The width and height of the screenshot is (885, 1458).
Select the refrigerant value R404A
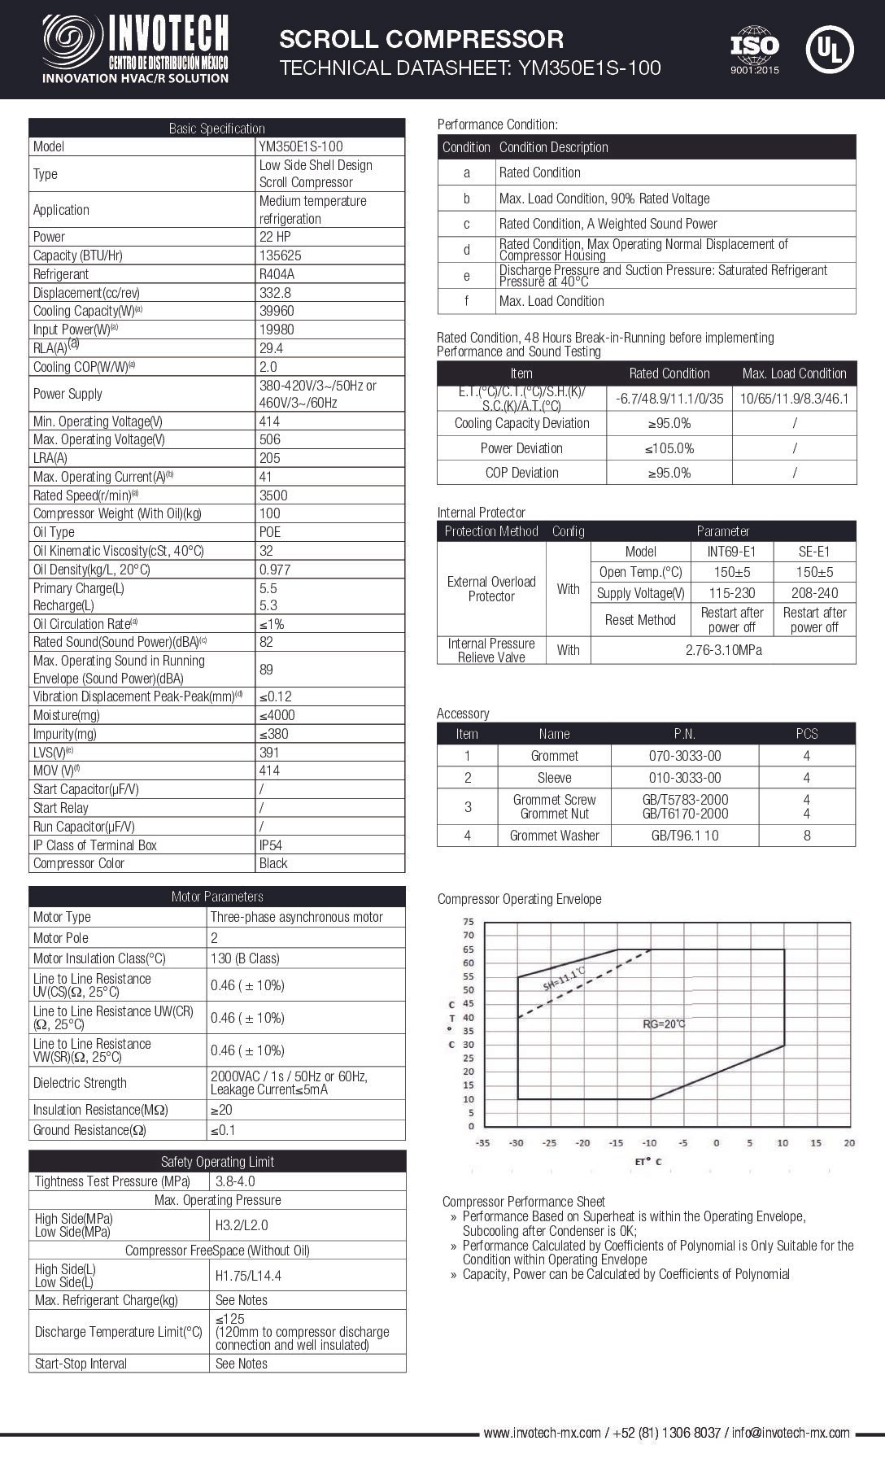(x=277, y=274)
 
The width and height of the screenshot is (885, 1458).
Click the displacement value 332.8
(x=275, y=292)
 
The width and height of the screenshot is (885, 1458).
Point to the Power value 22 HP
(x=275, y=237)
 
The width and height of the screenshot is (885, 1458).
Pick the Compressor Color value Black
(x=273, y=863)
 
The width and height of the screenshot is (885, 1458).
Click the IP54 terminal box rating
(x=272, y=845)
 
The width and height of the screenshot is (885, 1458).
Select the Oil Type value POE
(x=270, y=532)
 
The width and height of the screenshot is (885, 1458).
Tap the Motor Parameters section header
(x=217, y=897)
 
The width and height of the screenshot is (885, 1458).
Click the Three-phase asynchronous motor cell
(x=296, y=917)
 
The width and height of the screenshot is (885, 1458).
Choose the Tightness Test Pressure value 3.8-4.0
(x=235, y=1181)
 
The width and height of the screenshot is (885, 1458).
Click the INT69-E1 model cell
(x=731, y=552)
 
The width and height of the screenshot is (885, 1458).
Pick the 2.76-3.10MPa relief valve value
(x=723, y=650)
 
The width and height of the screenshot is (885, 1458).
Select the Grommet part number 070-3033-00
(x=685, y=756)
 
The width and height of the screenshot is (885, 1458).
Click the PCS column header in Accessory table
(x=807, y=734)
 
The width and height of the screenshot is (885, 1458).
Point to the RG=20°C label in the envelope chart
(x=664, y=1024)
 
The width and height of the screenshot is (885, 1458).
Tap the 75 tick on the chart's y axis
(x=468, y=922)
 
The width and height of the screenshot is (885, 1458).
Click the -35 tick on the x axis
(x=483, y=1142)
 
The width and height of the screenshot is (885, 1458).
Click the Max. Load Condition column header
(x=794, y=373)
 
